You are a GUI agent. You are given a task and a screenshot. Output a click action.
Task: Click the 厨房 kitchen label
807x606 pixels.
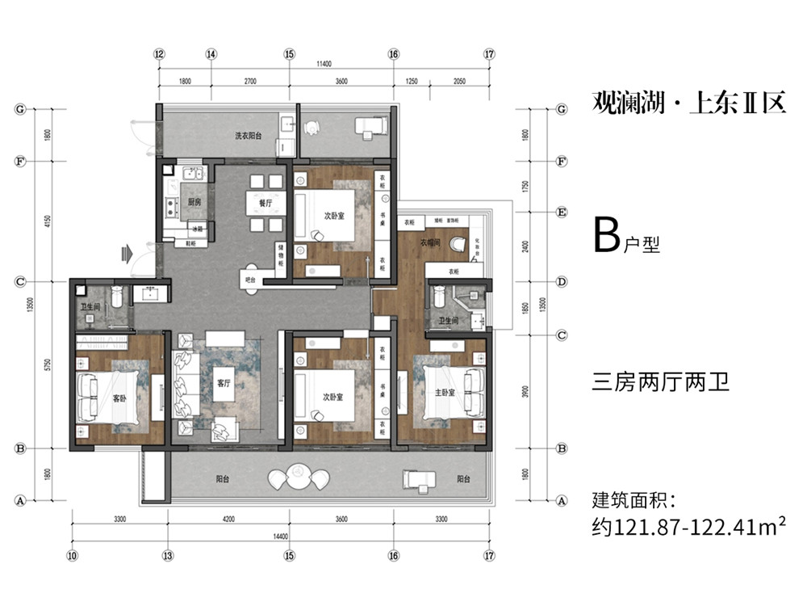[x=194, y=202]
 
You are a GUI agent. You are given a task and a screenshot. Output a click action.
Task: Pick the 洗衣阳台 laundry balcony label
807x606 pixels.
[x=249, y=135]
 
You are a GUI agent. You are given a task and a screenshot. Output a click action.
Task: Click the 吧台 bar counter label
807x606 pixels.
[x=250, y=280]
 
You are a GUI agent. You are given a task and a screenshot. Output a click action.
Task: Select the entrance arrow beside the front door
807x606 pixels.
[x=125, y=253]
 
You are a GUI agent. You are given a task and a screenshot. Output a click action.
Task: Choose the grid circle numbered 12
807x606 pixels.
[x=159, y=54]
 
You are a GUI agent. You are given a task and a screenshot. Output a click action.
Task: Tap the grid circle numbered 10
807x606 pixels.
[x=72, y=555]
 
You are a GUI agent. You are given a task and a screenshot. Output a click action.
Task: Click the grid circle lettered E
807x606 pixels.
[x=562, y=213]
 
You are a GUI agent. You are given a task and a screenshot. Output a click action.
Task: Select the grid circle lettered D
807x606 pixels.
[x=562, y=282]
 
